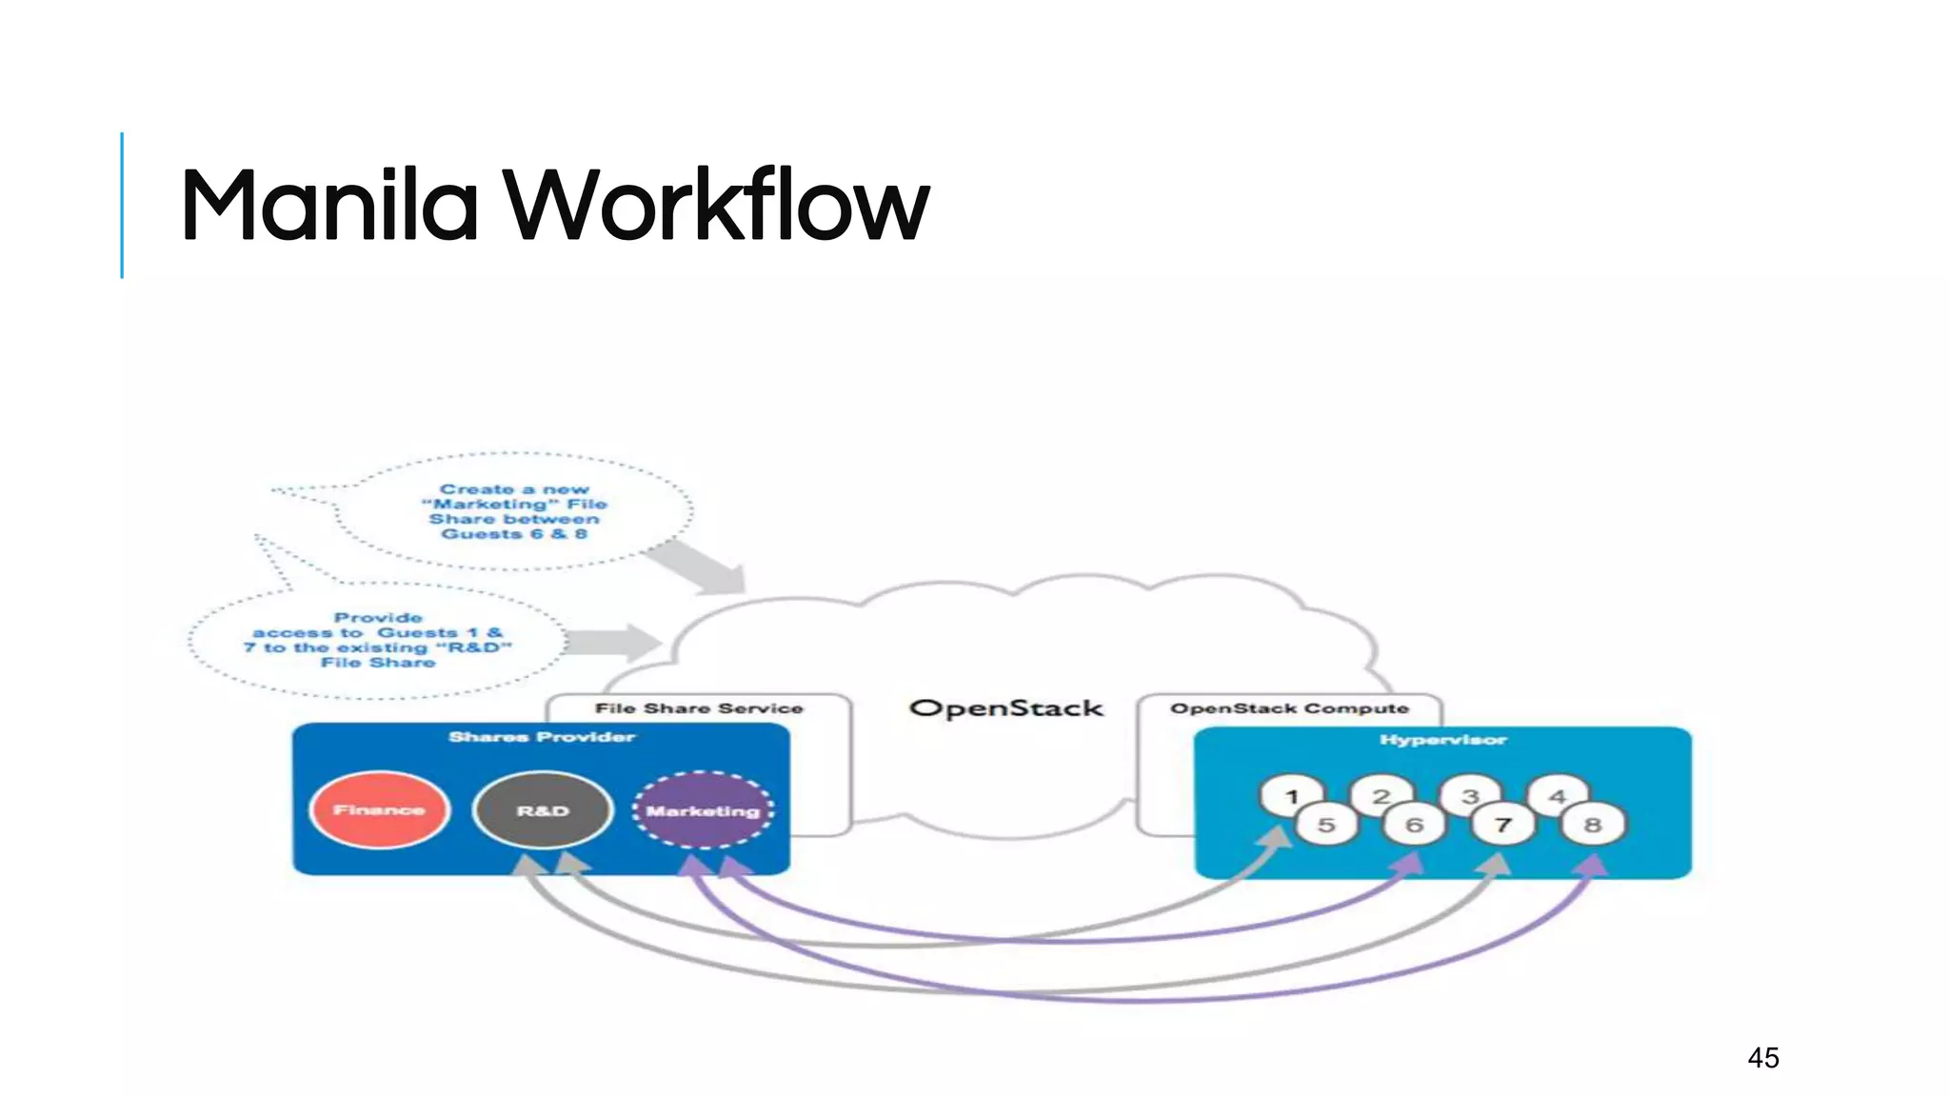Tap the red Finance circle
point(379,809)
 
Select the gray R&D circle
point(542,810)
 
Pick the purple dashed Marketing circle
point(703,810)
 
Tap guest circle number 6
point(1414,825)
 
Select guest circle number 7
point(1503,825)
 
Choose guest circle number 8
point(1592,825)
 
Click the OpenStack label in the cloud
point(1005,708)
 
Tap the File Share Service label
point(699,708)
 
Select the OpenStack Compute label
point(1289,708)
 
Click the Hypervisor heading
point(1443,740)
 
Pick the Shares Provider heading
point(541,737)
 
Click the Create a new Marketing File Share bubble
point(514,511)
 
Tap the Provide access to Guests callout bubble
point(378,640)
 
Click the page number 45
point(1762,1057)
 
